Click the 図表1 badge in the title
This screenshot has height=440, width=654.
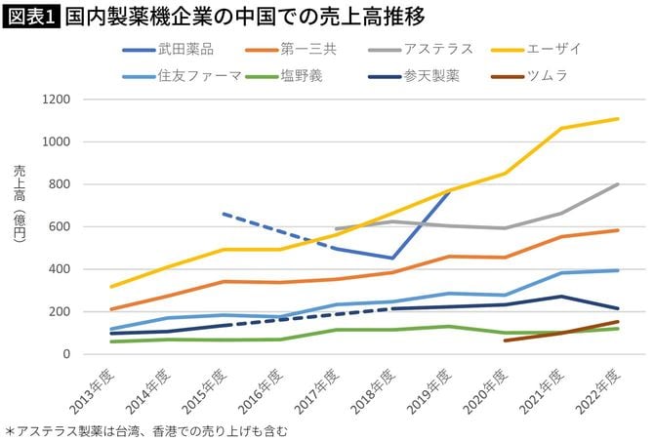[30, 18]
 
